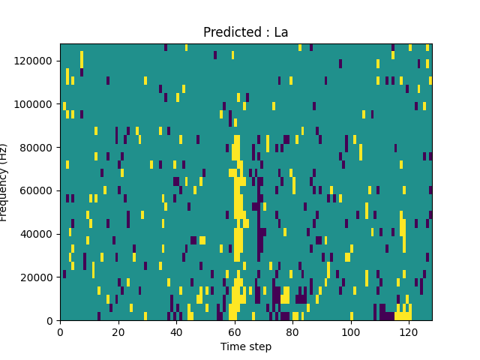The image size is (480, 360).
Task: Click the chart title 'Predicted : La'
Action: click(x=246, y=32)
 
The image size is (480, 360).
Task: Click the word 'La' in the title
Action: click(x=281, y=32)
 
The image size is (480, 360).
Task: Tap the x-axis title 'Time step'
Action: click(x=246, y=346)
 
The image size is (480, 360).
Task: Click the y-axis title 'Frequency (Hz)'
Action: click(x=4, y=182)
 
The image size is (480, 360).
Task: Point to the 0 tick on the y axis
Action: click(x=50, y=321)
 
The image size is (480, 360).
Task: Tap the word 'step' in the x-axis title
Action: click(x=259, y=346)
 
